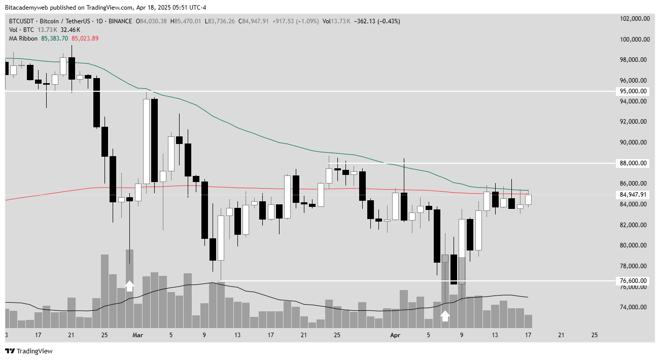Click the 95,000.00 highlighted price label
pyautogui.click(x=632, y=91)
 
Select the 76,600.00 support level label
pyautogui.click(x=632, y=281)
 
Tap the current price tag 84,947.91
pyautogui.click(x=632, y=195)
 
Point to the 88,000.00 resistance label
pyautogui.click(x=632, y=163)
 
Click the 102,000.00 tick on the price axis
pyautogui.click(x=635, y=19)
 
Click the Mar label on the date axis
pyautogui.click(x=137, y=335)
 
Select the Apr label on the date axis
pyautogui.click(x=396, y=335)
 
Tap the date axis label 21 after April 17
pyautogui.click(x=562, y=335)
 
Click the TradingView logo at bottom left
pyautogui.click(x=29, y=351)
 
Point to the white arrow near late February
pyautogui.click(x=129, y=286)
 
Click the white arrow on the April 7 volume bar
pyautogui.click(x=445, y=316)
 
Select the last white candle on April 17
pyautogui.click(x=528, y=200)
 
